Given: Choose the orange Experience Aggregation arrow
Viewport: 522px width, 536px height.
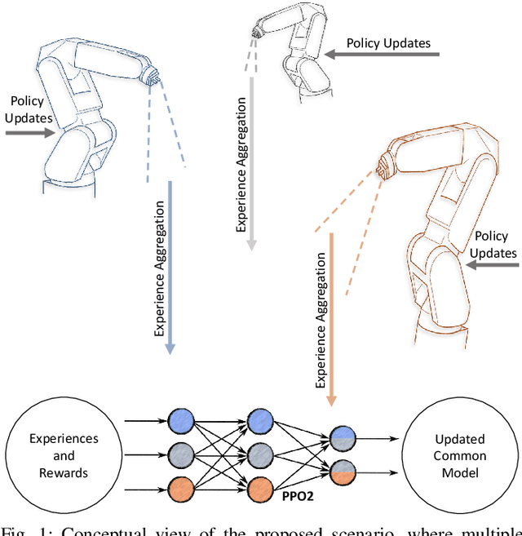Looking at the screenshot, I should [331, 318].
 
